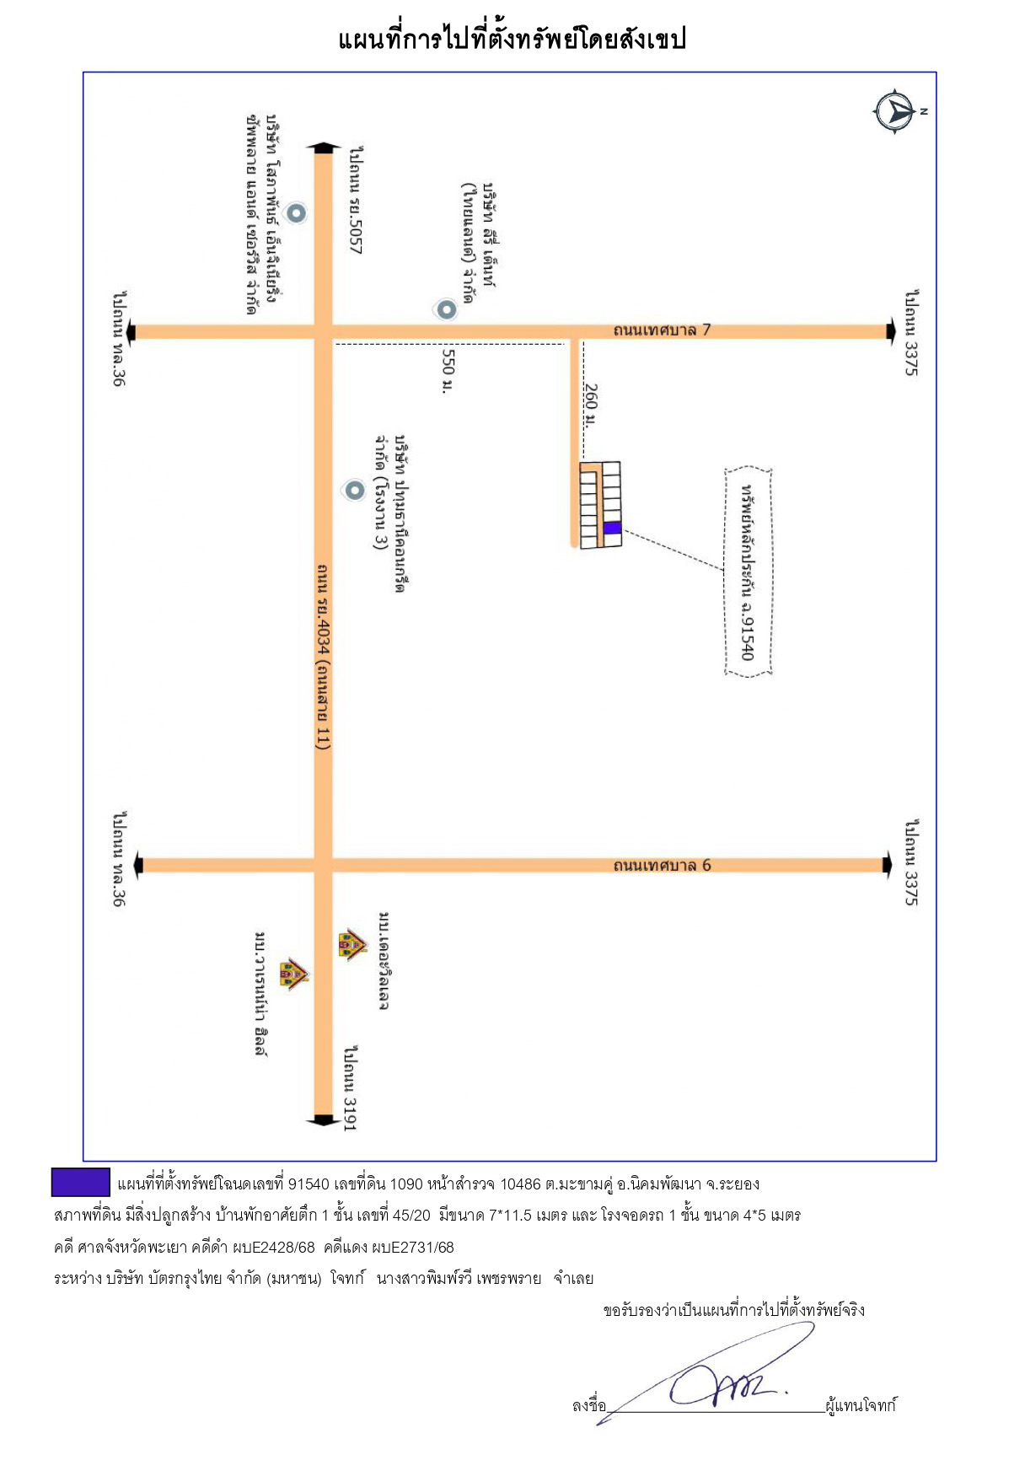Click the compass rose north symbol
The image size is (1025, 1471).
(x=894, y=111)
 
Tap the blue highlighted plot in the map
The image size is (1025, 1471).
(x=613, y=528)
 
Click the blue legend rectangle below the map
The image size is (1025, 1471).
(x=81, y=1182)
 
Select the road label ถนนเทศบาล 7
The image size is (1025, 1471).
(x=662, y=330)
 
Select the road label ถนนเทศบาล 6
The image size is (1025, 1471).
(x=662, y=866)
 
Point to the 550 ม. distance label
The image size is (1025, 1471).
(x=448, y=371)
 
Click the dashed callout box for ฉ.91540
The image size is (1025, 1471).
(x=749, y=572)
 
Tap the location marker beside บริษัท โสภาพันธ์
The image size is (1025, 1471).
(x=296, y=212)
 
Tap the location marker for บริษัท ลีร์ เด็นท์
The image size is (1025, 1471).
(x=446, y=309)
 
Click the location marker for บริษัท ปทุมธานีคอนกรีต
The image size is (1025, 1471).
(x=354, y=490)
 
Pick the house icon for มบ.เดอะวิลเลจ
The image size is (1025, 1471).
(x=352, y=944)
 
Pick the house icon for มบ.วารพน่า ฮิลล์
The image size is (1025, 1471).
(x=293, y=974)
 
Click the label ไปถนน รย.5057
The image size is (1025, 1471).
(x=357, y=200)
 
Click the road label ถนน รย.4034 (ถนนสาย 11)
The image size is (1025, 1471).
(x=323, y=657)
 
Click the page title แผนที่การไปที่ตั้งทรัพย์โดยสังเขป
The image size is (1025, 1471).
(x=512, y=39)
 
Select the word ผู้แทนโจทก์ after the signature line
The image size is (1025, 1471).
(x=861, y=1405)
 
